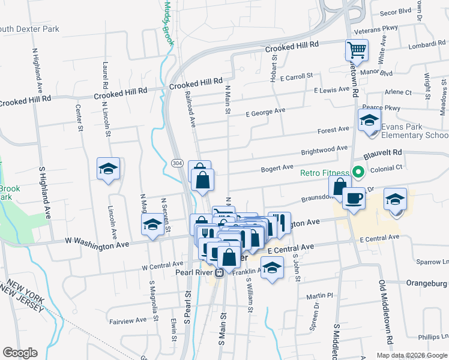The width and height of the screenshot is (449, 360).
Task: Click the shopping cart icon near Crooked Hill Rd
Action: click(357, 50)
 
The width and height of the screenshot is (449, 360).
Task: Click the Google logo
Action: click(20, 353)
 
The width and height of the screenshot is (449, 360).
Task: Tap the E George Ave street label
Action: click(266, 112)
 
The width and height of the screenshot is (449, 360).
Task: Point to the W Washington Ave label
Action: click(97, 244)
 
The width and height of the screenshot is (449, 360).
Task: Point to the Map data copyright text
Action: click(411, 355)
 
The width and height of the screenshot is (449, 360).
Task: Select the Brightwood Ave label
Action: click(324, 148)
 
